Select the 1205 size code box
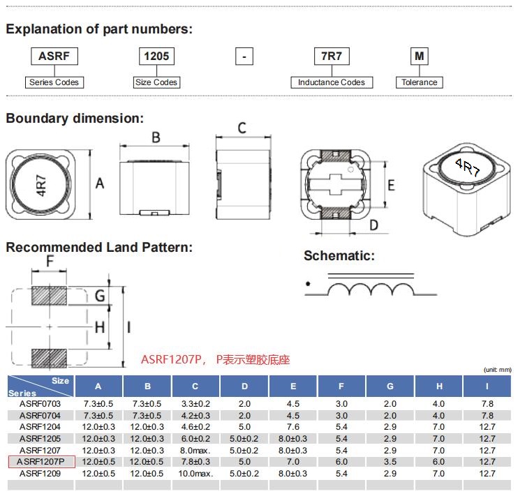click(x=156, y=56)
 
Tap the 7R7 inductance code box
click(x=332, y=56)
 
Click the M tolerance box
click(x=419, y=56)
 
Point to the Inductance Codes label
click(x=332, y=82)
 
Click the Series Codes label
click(x=54, y=82)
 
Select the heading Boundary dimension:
click(x=75, y=118)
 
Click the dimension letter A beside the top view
click(x=100, y=183)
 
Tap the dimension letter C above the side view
click(x=242, y=128)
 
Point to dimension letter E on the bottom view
click(x=392, y=185)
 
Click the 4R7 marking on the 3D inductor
click(x=467, y=167)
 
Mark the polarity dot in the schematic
click(x=308, y=284)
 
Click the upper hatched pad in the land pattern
click(x=50, y=296)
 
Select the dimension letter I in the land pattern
click(x=129, y=326)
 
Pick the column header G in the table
click(x=390, y=386)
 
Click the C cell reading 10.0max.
click(x=195, y=474)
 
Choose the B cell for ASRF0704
click(x=147, y=415)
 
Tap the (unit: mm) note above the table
click(x=497, y=369)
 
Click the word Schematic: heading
click(x=339, y=255)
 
